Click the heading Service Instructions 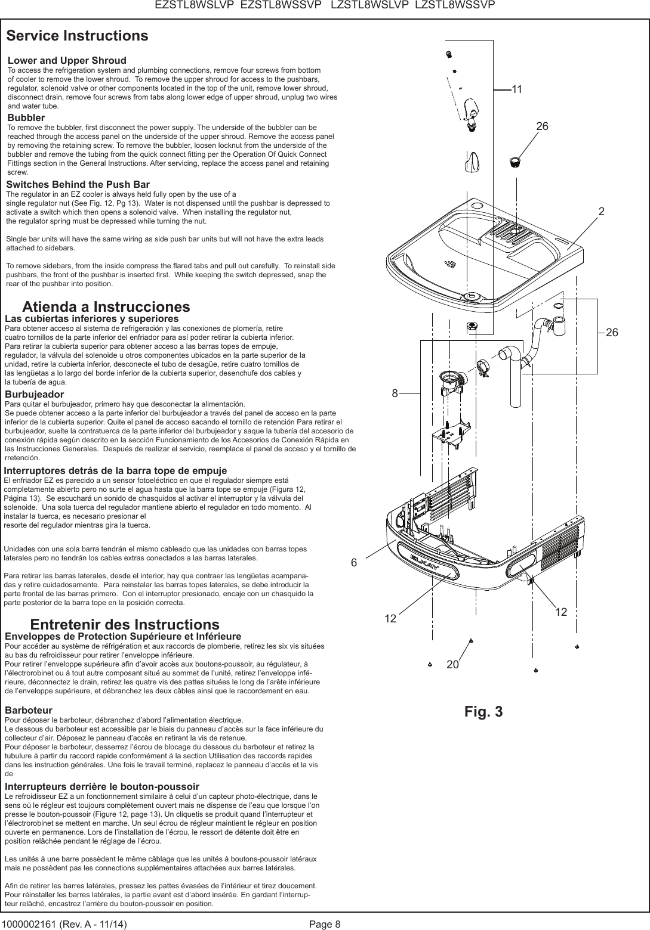click(77, 36)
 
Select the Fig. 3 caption click(483, 712)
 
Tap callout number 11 click(517, 89)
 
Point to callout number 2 click(602, 212)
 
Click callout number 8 click(395, 393)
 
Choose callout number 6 click(353, 563)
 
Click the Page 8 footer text click(325, 924)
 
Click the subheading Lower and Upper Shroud click(67, 61)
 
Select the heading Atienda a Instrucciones click(106, 307)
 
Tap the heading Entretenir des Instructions click(124, 625)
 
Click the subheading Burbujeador click(34, 395)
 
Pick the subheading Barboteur click(28, 711)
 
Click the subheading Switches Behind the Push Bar click(78, 185)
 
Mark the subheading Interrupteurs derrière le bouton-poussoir click(101, 787)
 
